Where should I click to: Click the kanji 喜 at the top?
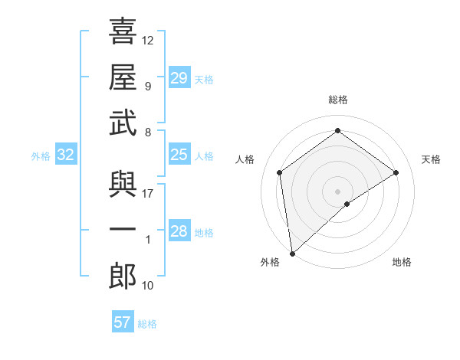(123, 32)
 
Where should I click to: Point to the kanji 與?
(123, 186)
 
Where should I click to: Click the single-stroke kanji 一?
(123, 231)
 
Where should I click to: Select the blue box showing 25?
(179, 155)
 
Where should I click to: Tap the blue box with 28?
(179, 231)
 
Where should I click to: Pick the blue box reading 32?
(66, 155)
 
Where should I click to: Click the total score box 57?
(123, 322)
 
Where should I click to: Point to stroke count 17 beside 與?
(148, 194)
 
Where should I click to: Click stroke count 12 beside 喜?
(148, 40)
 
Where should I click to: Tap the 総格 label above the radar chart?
(337, 100)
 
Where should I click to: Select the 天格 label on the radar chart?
(432, 159)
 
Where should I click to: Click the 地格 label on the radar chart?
(402, 263)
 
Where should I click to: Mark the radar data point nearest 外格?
(292, 253)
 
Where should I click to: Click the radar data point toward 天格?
(396, 172)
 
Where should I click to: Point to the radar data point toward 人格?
(280, 172)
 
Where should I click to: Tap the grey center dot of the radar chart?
(337, 190)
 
